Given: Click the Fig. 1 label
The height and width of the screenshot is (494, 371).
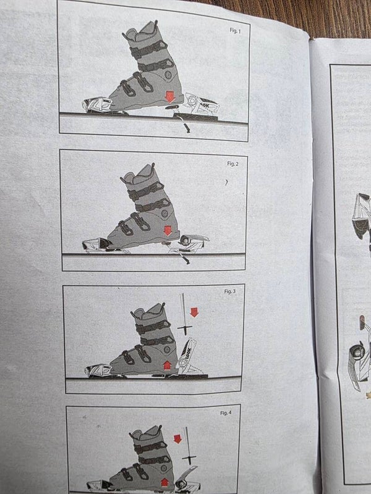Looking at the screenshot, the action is [235, 30].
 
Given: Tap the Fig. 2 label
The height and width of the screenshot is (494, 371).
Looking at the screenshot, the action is [233, 164].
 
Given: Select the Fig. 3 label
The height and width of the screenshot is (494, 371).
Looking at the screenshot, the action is [230, 291].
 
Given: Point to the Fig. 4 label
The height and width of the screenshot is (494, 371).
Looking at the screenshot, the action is [226, 412].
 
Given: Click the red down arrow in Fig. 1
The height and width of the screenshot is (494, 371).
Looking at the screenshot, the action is [170, 97].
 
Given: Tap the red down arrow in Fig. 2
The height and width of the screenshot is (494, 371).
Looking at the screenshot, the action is [168, 230].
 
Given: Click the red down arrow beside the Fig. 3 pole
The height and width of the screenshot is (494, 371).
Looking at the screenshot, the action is [194, 312].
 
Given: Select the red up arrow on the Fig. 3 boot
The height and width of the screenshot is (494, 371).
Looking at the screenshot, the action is [167, 366].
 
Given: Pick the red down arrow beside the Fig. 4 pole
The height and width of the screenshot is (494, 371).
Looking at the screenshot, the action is [177, 439].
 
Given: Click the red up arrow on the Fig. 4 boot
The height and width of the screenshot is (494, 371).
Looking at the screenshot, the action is [164, 482].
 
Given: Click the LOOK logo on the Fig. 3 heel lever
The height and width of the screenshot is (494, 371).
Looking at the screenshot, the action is [189, 351].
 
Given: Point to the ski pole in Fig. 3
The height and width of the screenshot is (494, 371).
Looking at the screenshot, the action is [184, 314].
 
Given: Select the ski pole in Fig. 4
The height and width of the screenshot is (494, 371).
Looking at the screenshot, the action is [189, 446].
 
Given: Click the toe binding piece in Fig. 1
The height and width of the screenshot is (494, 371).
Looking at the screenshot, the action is [98, 105].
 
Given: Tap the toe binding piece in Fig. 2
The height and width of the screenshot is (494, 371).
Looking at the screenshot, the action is [96, 245].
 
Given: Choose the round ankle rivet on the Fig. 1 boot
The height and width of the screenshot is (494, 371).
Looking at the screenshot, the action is [168, 75].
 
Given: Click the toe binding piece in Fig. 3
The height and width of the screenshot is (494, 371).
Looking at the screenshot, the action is [98, 370].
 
